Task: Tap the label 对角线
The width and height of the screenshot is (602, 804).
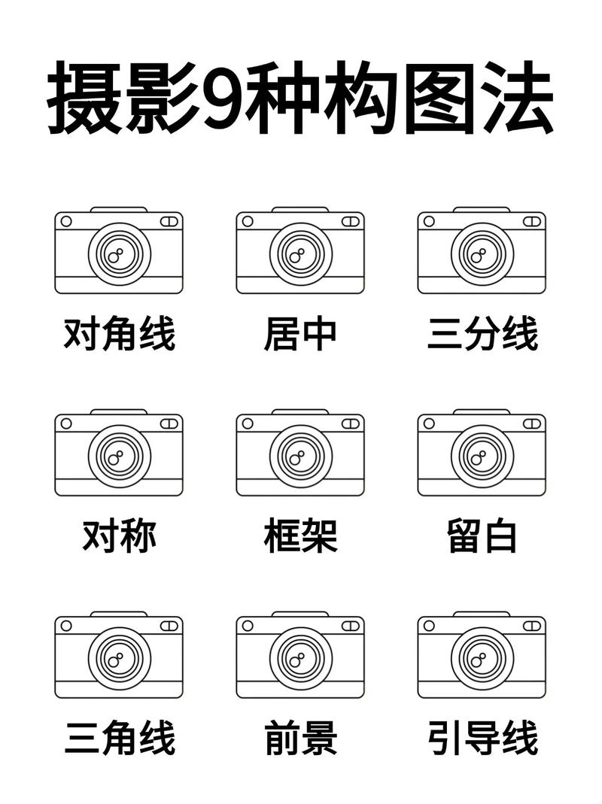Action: [119, 335]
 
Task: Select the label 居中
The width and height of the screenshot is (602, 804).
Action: [300, 335]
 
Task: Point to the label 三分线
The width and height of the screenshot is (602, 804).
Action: [482, 335]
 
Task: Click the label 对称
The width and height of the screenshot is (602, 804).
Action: [119, 537]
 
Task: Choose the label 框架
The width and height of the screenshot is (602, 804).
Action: [300, 537]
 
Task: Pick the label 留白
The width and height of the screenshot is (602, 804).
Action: [482, 537]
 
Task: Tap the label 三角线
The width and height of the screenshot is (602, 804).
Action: [119, 739]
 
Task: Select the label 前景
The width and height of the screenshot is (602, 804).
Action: [300, 739]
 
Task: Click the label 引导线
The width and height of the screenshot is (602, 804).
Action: [482, 739]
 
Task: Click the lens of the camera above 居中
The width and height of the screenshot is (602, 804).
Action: [300, 253]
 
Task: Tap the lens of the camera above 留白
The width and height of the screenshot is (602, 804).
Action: [482, 456]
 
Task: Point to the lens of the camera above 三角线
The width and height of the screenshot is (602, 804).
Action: [119, 658]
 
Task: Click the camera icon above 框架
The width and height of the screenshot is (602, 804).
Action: [300, 453]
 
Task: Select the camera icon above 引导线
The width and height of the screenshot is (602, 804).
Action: [482, 655]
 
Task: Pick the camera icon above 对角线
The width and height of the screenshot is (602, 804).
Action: [119, 250]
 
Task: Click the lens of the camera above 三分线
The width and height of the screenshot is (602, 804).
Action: [482, 253]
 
